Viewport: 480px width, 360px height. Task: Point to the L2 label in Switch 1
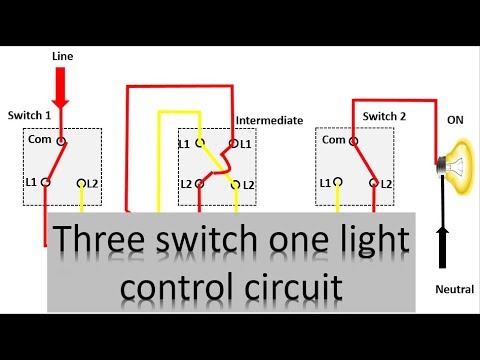94,183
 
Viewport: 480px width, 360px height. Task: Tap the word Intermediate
269,120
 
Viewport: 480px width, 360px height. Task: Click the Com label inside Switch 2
334,141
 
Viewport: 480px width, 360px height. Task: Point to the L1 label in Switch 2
324,183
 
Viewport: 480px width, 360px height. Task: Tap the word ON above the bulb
455,119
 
